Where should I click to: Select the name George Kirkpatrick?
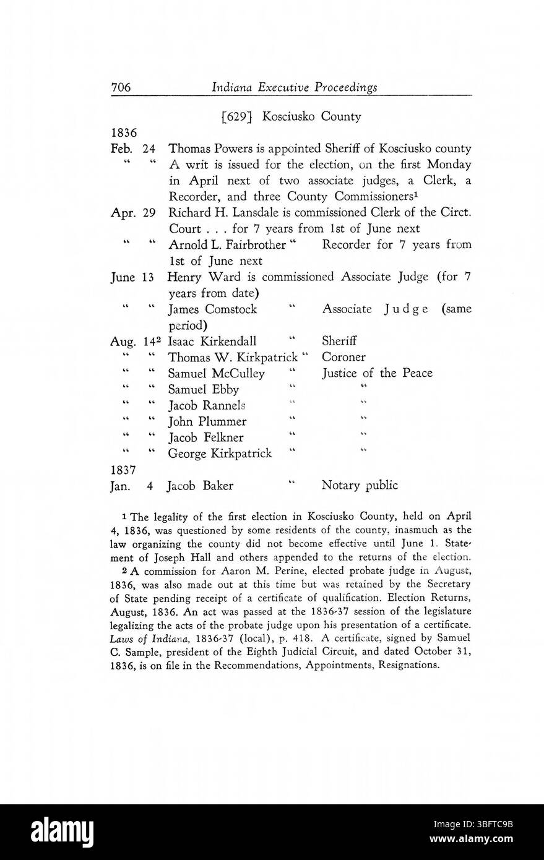tap(220, 454)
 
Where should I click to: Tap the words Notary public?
tap(360, 486)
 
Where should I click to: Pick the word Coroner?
tap(343, 358)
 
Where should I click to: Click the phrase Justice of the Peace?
tap(377, 373)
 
